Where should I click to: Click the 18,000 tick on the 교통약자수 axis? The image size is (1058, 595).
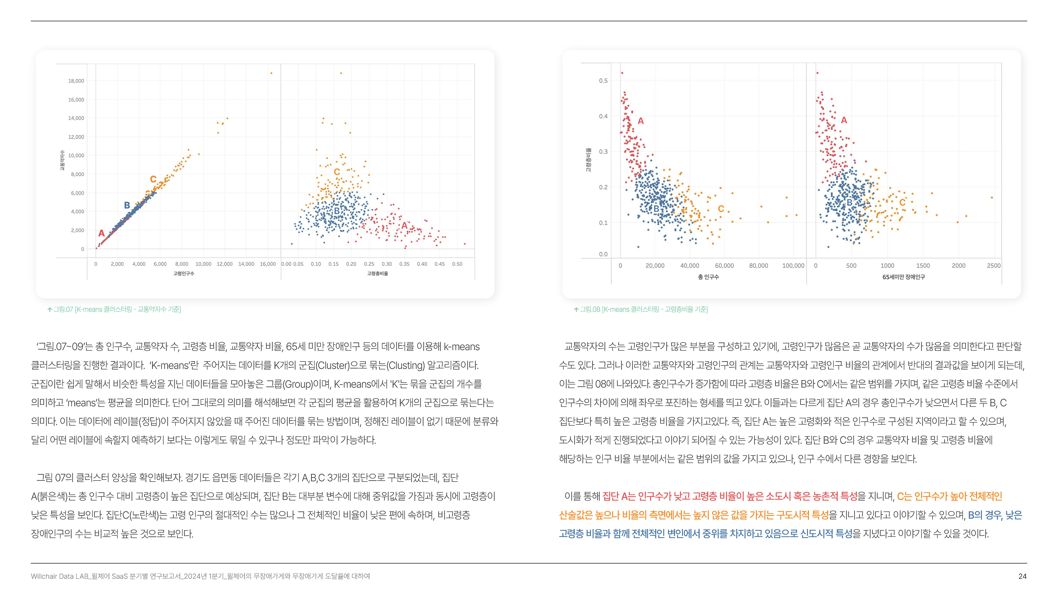tap(76, 81)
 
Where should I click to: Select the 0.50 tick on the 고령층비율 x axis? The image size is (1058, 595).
tap(457, 264)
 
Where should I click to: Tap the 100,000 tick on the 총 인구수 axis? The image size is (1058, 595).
tap(793, 266)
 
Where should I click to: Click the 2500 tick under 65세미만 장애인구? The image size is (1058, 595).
tap(994, 266)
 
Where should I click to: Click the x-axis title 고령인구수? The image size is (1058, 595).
tap(183, 274)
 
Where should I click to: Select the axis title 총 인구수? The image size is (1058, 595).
tap(708, 277)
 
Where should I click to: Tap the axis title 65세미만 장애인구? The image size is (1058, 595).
tap(904, 277)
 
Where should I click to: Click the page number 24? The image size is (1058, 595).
tap(1022, 576)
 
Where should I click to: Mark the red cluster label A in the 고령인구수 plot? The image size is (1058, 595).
tap(101, 233)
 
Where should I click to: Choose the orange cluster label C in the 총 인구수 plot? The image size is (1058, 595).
tap(721, 209)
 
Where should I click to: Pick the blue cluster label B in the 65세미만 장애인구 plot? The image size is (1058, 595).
tap(849, 202)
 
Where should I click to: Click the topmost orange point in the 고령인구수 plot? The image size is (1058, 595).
tap(271, 73)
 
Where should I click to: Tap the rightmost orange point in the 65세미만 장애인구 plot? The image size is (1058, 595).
tap(992, 198)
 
